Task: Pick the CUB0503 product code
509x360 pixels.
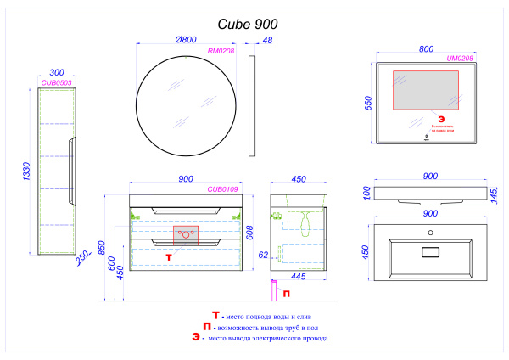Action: pos(56,83)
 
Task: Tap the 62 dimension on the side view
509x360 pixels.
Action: pos(264,253)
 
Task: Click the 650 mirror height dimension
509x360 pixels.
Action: pos(366,103)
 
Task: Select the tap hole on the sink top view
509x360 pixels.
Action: pos(430,233)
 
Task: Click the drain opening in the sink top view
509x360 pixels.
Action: pos(430,251)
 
